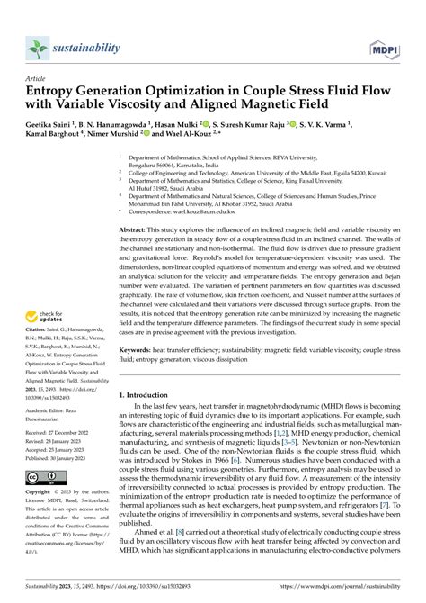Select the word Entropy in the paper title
pyautogui.click(x=55, y=92)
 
